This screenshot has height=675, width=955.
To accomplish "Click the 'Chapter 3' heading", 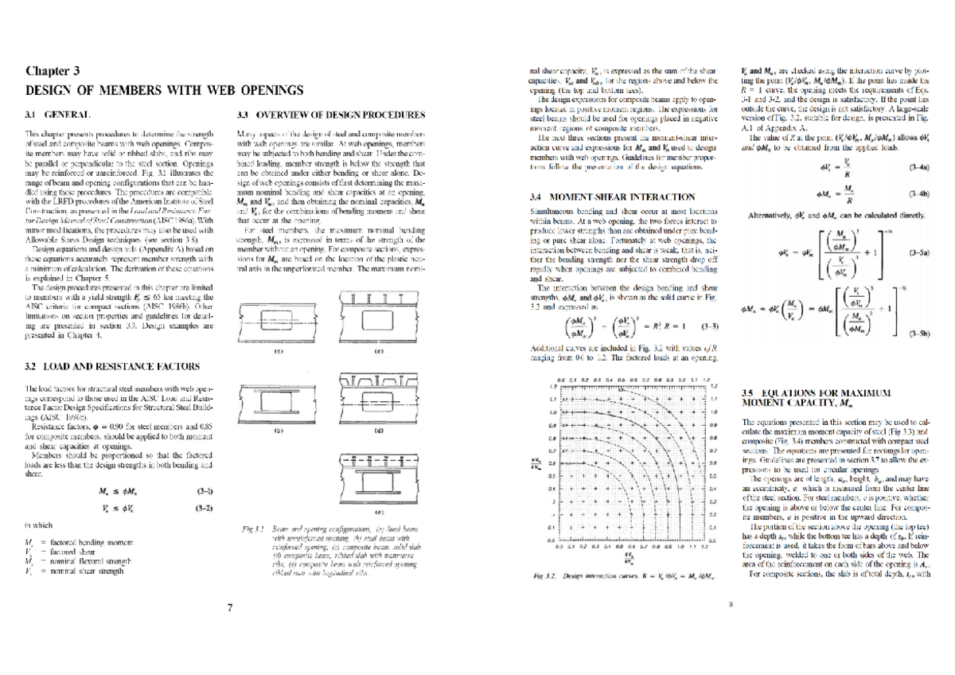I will coord(53,71).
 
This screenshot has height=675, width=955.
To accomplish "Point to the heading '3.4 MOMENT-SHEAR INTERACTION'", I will coord(611,196).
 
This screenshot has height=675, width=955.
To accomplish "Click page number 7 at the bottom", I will coord(229,607).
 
